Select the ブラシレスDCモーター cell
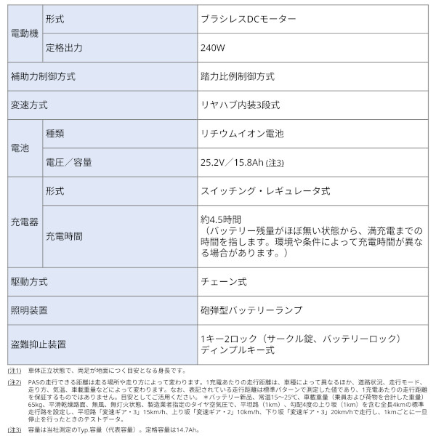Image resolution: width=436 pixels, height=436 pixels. [x=247, y=20]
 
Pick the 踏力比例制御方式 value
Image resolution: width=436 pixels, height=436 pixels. [x=238, y=76]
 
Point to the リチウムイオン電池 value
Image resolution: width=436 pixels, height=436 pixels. [x=243, y=134]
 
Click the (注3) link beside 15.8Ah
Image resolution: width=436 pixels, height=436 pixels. [x=275, y=162]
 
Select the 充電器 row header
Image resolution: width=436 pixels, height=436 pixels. [x=25, y=222]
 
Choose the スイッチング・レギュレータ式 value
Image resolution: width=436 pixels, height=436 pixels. [x=265, y=191]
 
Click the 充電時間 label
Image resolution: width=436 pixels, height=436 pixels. [x=64, y=236]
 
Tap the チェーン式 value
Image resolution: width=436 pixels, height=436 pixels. [x=223, y=280]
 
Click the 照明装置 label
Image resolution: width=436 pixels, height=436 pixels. [x=30, y=310]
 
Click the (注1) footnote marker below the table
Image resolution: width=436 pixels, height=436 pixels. [x=15, y=371]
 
